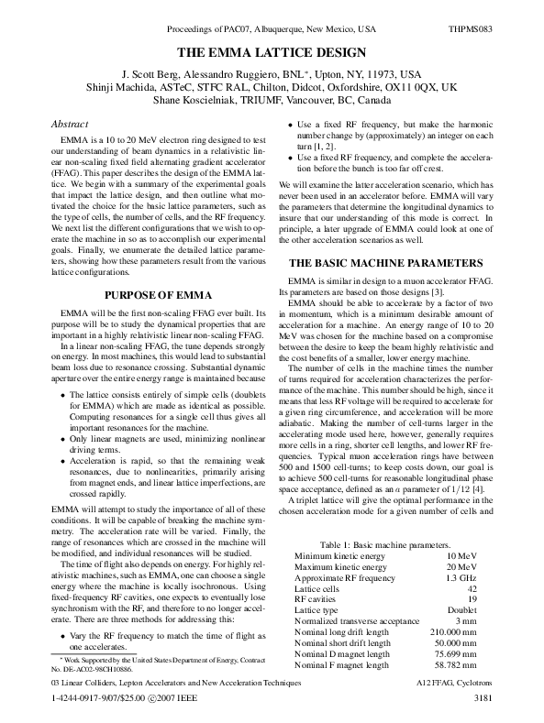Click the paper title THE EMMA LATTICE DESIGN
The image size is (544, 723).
[x=272, y=53]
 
